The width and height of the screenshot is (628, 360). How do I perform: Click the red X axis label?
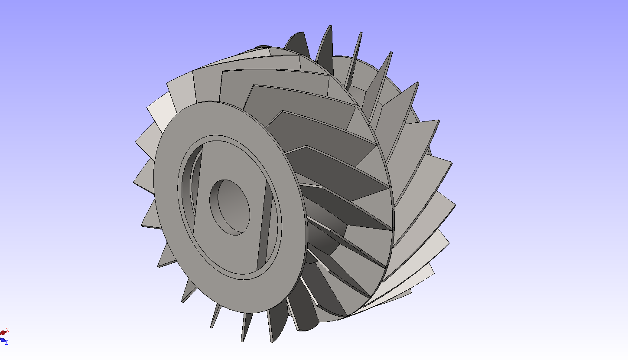click(7, 331)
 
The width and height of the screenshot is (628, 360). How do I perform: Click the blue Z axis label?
click(6, 343)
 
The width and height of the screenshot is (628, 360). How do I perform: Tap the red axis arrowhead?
click(3, 333)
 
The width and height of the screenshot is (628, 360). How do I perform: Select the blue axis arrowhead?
click(3, 340)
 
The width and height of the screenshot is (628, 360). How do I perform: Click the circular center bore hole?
click(230, 207)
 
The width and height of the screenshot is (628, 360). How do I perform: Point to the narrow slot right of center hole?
click(265, 225)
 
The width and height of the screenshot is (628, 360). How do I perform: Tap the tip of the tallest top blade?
click(330, 26)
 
